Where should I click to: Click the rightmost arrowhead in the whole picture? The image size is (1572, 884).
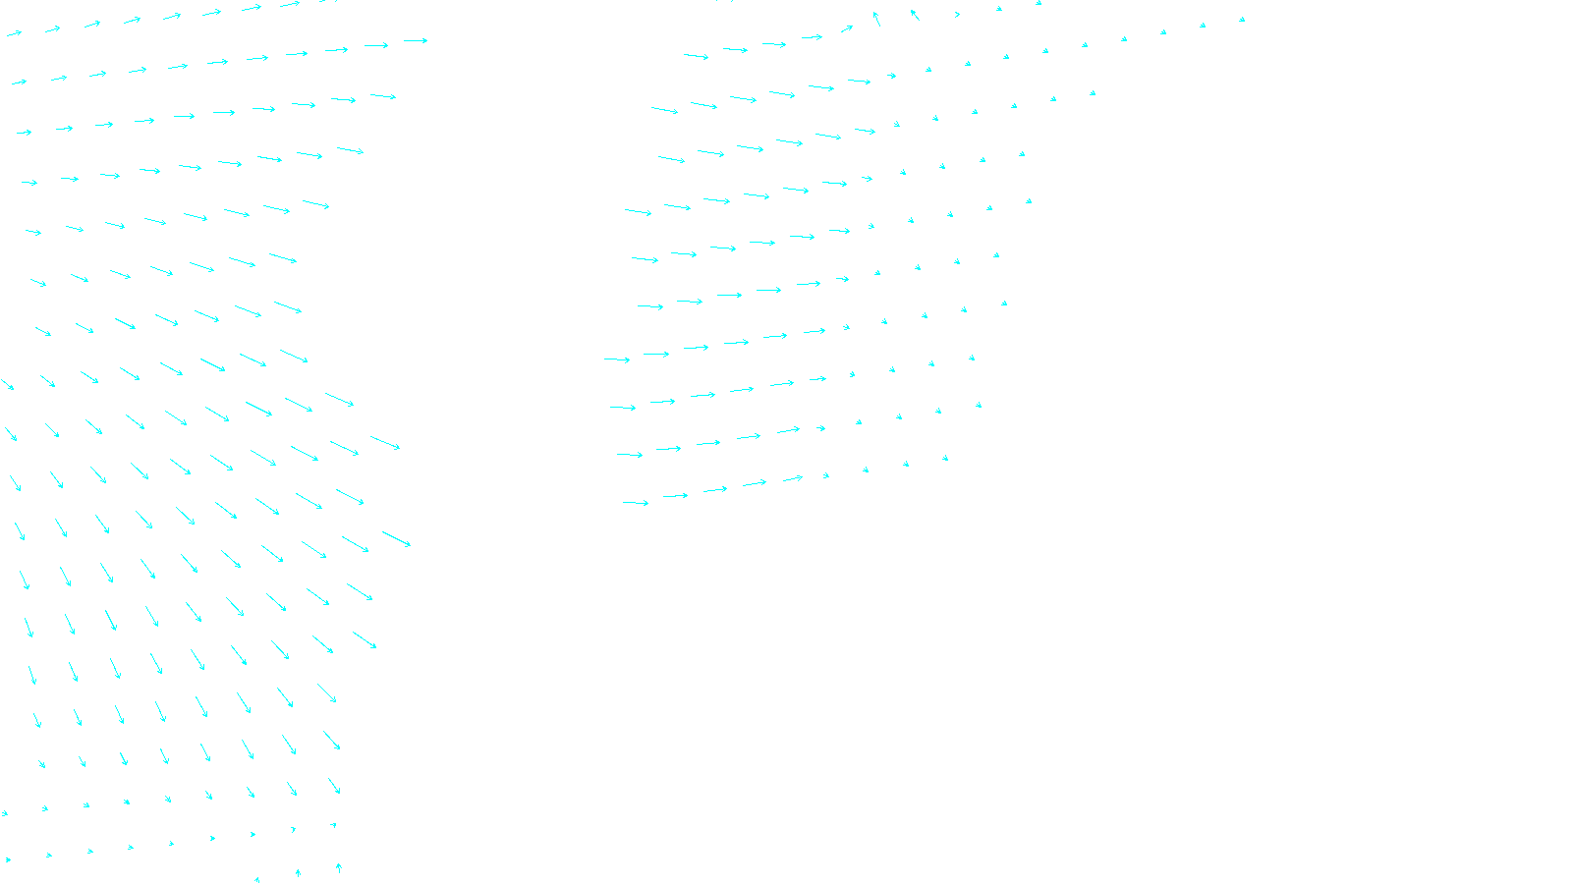click(x=1242, y=19)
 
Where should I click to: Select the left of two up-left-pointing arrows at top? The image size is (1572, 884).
click(x=875, y=18)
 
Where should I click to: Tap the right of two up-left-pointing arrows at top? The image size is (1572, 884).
click(x=915, y=14)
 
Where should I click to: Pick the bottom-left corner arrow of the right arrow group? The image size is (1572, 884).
click(x=636, y=503)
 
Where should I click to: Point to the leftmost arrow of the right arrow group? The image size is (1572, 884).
click(x=617, y=359)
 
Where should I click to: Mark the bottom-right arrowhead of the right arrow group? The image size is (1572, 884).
click(x=945, y=458)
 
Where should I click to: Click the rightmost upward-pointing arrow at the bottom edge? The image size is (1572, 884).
click(x=338, y=868)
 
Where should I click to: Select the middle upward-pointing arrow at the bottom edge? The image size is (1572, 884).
click(x=298, y=872)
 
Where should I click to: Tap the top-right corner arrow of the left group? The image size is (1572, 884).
click(x=416, y=40)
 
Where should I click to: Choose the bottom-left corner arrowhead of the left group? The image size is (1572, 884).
click(x=8, y=860)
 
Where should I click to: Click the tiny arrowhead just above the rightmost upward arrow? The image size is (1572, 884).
click(x=334, y=825)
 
